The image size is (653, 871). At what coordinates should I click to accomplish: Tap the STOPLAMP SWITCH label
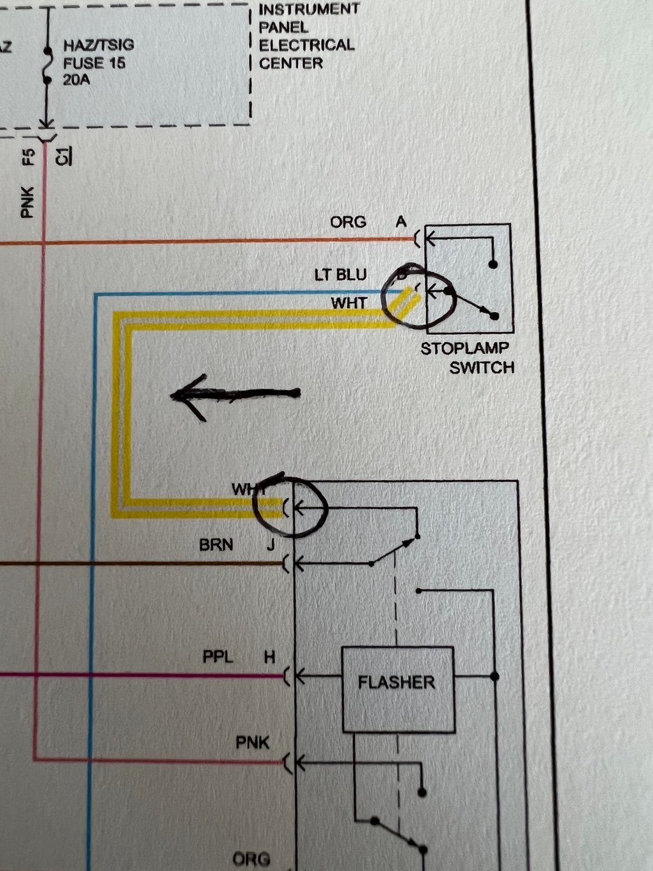[467, 358]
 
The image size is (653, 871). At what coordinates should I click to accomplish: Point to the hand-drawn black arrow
[235, 395]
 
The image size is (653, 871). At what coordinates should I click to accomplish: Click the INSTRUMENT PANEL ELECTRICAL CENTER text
[307, 36]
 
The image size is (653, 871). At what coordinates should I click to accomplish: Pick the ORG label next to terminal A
[348, 222]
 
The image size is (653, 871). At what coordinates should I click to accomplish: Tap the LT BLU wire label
[340, 275]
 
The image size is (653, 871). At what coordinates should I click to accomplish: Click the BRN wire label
[216, 545]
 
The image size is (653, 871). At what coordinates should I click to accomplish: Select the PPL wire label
[218, 657]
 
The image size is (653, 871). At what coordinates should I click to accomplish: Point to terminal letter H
[270, 657]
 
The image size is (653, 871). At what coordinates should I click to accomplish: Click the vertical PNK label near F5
[28, 202]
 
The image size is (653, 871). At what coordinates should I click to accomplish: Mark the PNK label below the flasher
[252, 742]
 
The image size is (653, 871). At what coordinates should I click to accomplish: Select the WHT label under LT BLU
[348, 303]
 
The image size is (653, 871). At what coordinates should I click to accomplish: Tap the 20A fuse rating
[76, 80]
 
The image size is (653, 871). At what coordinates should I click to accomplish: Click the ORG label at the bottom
[251, 859]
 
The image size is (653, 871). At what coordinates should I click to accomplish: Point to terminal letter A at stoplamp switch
[401, 222]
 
